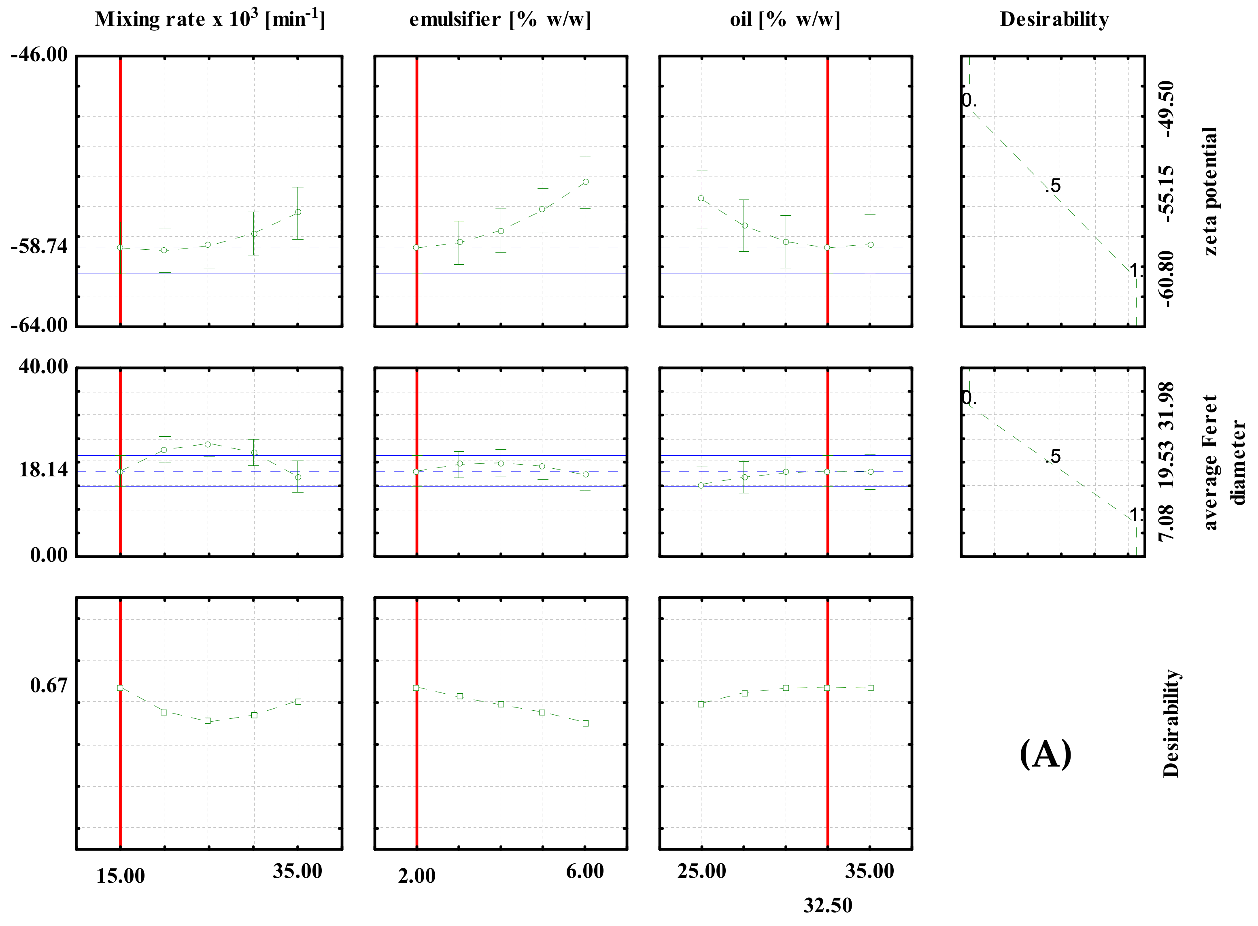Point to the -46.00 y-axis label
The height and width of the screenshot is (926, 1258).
[39, 55]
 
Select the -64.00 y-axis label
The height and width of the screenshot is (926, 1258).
[39, 325]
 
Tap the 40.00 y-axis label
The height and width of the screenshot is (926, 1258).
[43, 367]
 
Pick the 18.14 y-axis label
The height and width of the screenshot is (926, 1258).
[43, 470]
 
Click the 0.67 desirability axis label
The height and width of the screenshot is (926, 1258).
[49, 686]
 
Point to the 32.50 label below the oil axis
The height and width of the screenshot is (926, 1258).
[827, 905]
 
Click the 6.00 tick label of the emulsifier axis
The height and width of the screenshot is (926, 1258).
[585, 872]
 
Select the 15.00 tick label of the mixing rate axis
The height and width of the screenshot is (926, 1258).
[121, 876]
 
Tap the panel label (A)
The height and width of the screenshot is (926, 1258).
[1045, 754]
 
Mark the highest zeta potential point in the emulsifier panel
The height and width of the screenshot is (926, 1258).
[585, 182]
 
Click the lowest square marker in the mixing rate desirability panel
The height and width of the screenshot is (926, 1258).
[208, 721]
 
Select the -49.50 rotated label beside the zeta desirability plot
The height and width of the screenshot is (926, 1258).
[1167, 109]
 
